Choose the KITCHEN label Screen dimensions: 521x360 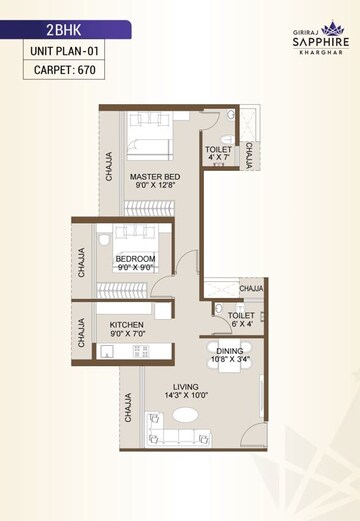128,326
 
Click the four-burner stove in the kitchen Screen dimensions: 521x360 140,351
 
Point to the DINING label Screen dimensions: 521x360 230,349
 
